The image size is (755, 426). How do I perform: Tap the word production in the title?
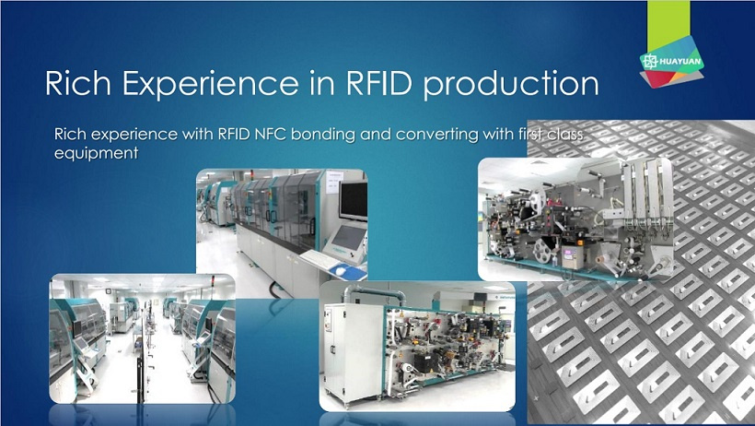[x=511, y=84]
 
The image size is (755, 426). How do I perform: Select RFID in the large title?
[x=379, y=83]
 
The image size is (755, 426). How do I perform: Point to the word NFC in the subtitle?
[x=269, y=134]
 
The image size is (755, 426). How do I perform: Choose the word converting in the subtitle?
[x=437, y=135]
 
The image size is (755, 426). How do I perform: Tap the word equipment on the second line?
[x=97, y=154]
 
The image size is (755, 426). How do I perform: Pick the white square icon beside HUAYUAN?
[x=650, y=61]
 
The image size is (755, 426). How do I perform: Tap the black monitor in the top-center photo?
[x=353, y=201]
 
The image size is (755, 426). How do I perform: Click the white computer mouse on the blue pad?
[x=341, y=271]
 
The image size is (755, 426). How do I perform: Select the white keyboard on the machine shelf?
[x=319, y=258]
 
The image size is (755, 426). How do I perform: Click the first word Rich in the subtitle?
[x=70, y=134]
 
